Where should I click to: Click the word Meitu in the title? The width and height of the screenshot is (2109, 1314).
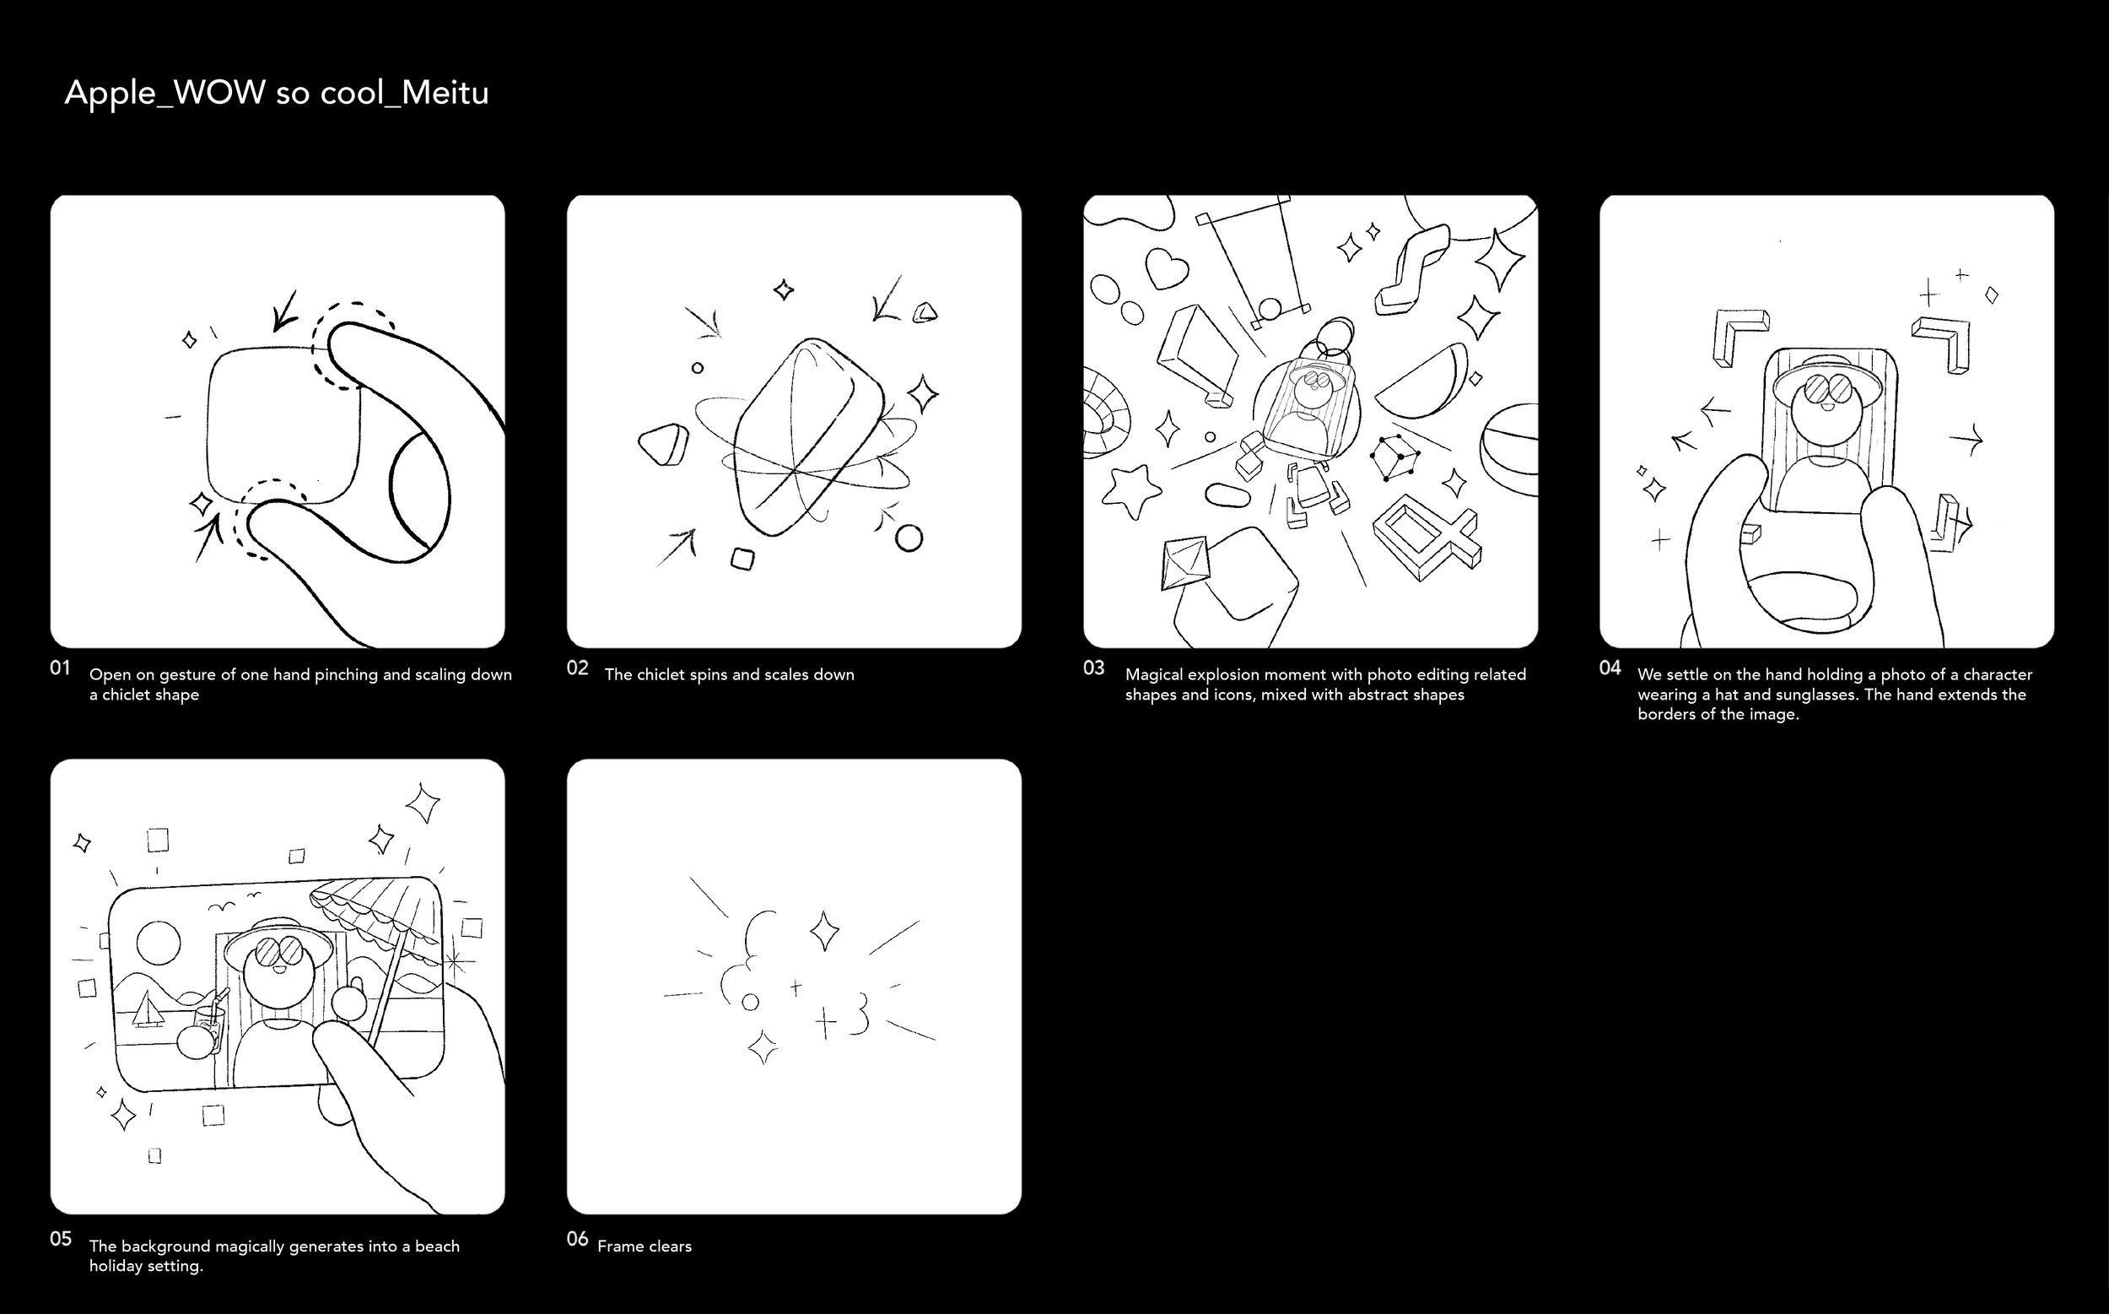point(445,93)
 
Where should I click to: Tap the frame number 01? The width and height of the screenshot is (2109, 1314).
point(60,668)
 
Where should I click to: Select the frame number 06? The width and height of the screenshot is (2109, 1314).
point(578,1238)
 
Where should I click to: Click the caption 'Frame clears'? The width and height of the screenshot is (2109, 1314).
point(645,1246)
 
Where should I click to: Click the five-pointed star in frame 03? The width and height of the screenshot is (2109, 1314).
point(1131,491)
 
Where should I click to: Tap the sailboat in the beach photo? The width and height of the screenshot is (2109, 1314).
point(146,1009)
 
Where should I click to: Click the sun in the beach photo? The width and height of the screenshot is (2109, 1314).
point(159,943)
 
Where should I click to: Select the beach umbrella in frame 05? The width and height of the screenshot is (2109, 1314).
point(382,938)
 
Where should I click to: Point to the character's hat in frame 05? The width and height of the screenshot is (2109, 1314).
point(278,940)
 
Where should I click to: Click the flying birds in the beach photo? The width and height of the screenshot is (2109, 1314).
point(233,902)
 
